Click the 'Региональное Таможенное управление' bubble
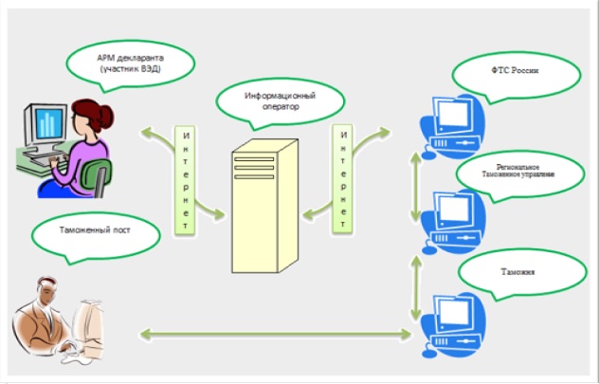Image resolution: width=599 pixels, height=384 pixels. tap(517, 174)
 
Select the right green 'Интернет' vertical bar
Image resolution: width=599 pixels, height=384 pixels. tap(342, 176)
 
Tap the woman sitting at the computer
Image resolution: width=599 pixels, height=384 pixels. tap(91, 142)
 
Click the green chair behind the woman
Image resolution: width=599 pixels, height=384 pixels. tap(98, 176)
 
